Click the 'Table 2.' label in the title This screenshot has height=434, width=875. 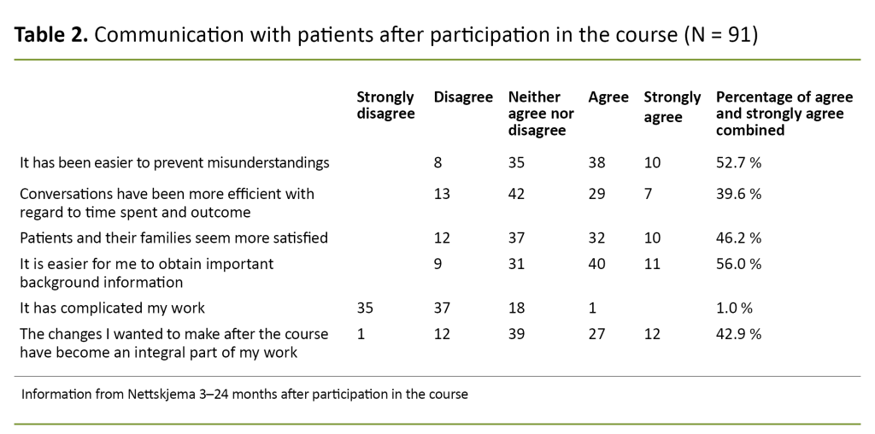point(50,36)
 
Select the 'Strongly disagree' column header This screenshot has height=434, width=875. point(385,105)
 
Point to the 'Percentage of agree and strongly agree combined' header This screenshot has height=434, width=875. point(784,114)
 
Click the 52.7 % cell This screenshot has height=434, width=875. point(737,162)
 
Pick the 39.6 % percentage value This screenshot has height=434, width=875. point(737,194)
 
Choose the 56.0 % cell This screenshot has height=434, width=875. point(737,264)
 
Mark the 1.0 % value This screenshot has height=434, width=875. point(734,308)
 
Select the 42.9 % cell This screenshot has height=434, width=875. point(737,334)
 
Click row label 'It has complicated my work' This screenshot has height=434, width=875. point(112,308)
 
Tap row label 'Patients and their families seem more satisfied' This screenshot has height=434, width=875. point(173,238)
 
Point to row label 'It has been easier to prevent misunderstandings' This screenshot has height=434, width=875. point(174,162)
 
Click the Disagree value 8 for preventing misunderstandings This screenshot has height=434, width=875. point(438,162)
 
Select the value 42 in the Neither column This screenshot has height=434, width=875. point(517,194)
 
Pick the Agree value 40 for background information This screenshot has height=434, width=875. point(596,264)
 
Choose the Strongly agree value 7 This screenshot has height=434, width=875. point(648,194)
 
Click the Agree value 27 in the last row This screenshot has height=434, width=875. point(596,334)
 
